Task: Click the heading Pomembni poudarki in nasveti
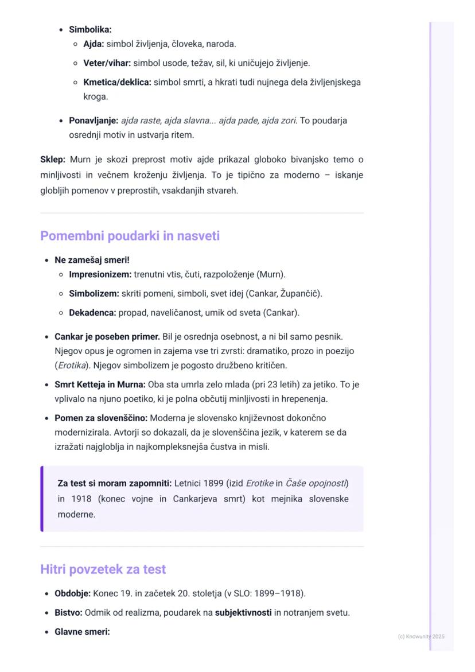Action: pos(130,236)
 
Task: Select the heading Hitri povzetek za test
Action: pos(103,569)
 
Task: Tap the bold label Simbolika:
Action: pos(90,29)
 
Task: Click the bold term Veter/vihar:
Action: pos(107,63)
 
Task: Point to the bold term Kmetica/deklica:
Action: pos(117,82)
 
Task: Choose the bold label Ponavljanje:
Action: pos(94,121)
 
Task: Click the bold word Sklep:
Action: pos(53,160)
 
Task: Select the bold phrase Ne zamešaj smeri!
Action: pos(92,260)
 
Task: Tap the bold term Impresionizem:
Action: pos(100,274)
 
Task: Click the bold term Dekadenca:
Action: pos(92,313)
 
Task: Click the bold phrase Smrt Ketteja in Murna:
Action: pos(100,384)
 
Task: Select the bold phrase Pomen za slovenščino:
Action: pos(101,418)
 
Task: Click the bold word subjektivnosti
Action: pos(243,612)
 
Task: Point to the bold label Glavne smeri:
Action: pos(82,632)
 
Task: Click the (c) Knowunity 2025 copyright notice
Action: pos(421,636)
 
